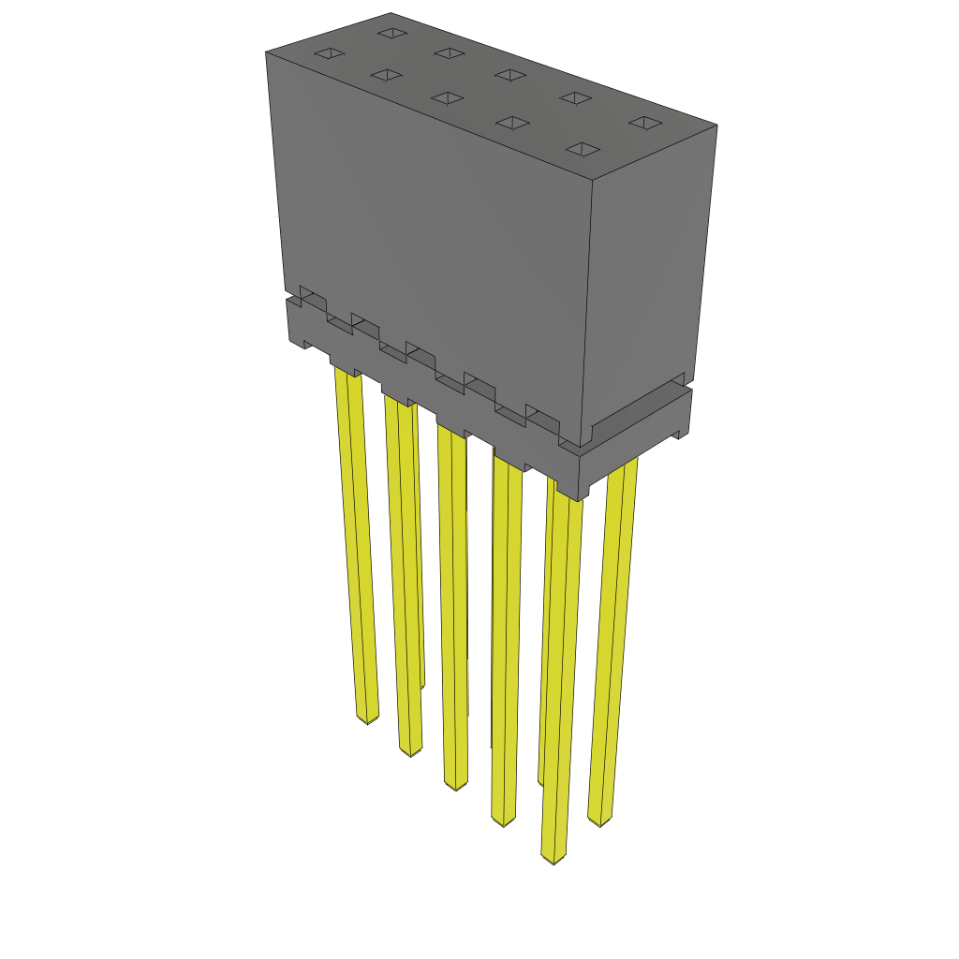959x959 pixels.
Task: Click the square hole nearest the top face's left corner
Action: coord(329,53)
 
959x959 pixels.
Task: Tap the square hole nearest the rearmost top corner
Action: coord(391,33)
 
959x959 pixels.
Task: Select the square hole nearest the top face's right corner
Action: coord(645,123)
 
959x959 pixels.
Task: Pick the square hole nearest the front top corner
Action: coord(583,149)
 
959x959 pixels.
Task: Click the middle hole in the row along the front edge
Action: coord(448,97)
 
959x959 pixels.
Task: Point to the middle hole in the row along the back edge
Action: coord(509,75)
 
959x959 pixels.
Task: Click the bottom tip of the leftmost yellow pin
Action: coord(367,720)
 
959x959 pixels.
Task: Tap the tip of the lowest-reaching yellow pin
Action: coord(554,859)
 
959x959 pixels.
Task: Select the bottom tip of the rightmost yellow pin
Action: coord(599,821)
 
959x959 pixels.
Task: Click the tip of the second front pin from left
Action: coord(410,752)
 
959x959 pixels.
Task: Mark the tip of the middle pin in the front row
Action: coord(455,786)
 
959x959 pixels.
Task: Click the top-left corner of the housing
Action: coord(266,52)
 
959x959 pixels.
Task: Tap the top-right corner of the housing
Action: coord(717,125)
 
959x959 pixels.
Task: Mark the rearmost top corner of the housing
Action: coord(391,13)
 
